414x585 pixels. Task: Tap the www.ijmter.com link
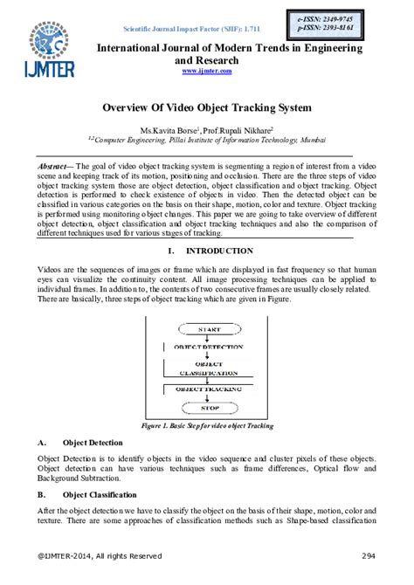[x=207, y=71]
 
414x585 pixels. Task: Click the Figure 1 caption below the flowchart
[x=207, y=425]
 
